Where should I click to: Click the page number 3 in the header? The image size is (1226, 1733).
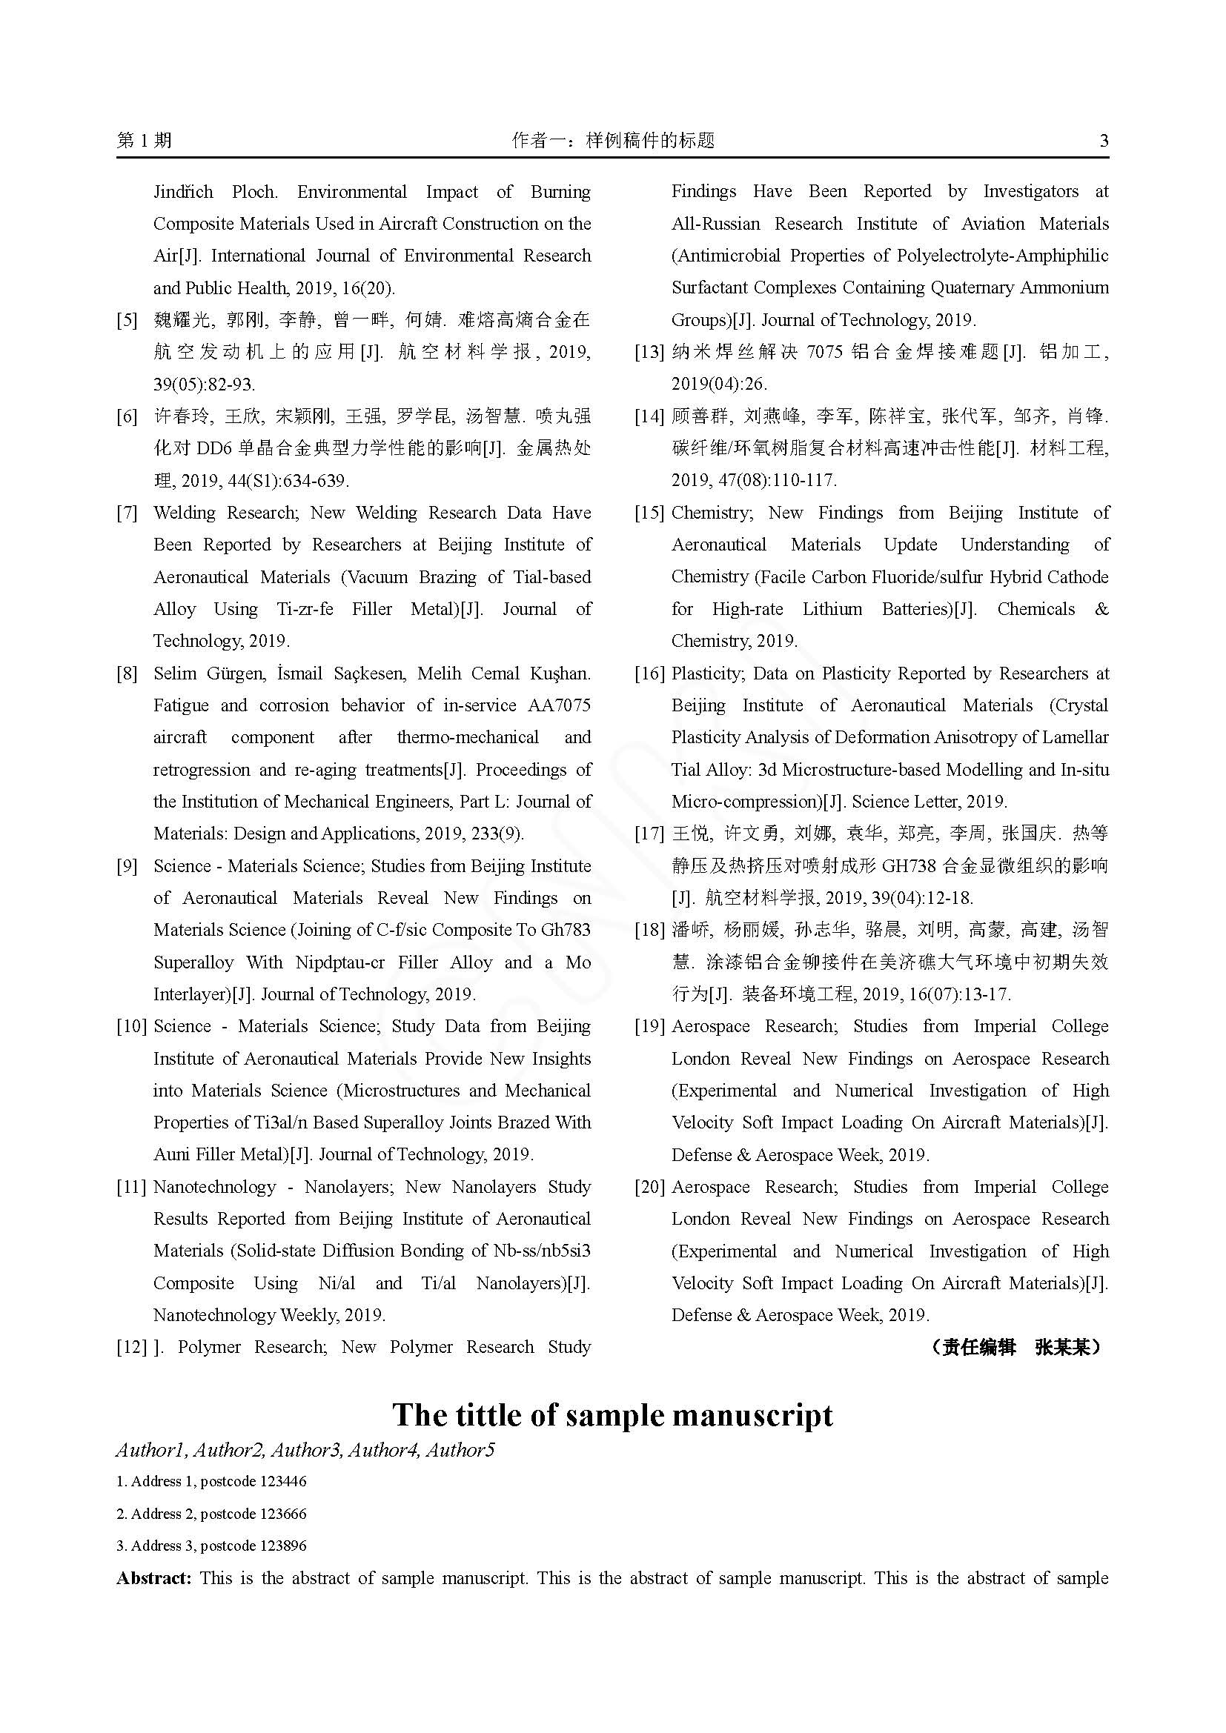pyautogui.click(x=1104, y=140)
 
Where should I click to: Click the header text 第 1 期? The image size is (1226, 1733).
pyautogui.click(x=145, y=140)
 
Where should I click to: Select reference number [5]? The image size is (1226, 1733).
pyautogui.click(x=127, y=320)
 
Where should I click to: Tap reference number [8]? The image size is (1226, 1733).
pyautogui.click(x=127, y=673)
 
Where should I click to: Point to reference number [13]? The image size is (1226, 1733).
pyautogui.click(x=649, y=352)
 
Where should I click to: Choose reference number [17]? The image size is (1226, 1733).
pyautogui.click(x=649, y=834)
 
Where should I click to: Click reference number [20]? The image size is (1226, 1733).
pyautogui.click(x=649, y=1186)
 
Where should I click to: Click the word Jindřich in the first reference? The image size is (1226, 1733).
pyautogui.click(x=183, y=192)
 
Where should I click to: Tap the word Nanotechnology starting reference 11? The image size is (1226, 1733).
pyautogui.click(x=214, y=1186)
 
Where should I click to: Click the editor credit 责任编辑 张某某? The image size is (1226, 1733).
pyautogui.click(x=1016, y=1347)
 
